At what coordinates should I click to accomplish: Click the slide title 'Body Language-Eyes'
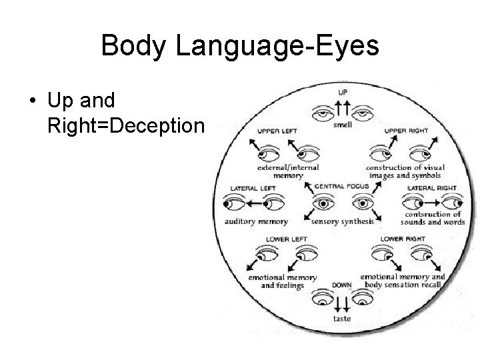click(x=240, y=46)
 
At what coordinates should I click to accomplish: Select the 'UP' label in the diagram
click(x=343, y=92)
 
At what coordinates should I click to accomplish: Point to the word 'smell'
click(x=343, y=124)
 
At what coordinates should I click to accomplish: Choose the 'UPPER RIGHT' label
click(x=405, y=131)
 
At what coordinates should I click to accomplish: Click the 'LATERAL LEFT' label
click(x=253, y=188)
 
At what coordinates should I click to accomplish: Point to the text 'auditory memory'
click(x=257, y=221)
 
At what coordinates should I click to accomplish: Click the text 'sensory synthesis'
click(x=343, y=221)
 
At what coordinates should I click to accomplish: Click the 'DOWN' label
click(x=342, y=285)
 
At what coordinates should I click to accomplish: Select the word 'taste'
click(x=342, y=319)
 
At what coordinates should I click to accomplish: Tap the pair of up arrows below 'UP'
click(x=343, y=107)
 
